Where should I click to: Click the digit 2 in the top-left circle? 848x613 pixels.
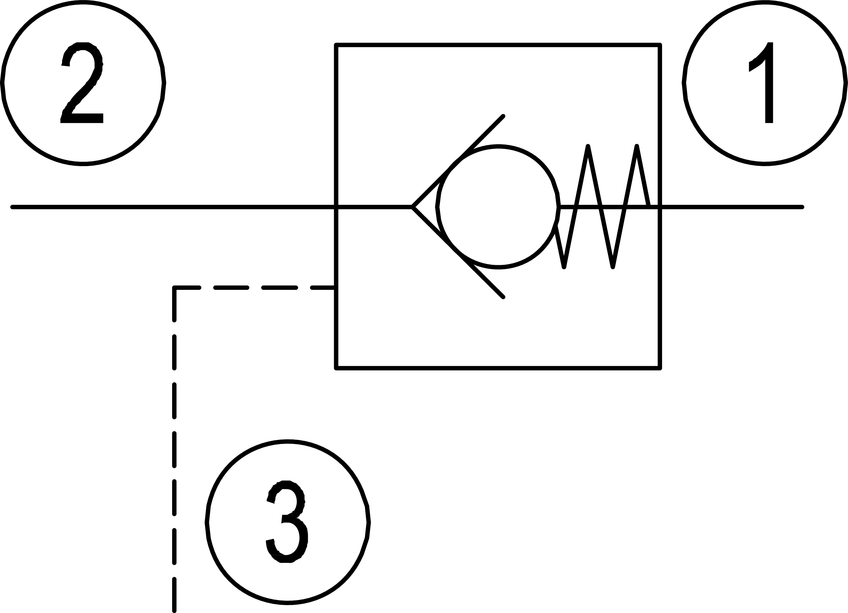[82, 83]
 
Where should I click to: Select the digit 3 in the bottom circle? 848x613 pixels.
[287, 522]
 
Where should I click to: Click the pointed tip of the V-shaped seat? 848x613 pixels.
[412, 207]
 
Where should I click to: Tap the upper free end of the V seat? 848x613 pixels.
[503, 116]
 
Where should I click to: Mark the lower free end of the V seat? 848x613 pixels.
[503, 297]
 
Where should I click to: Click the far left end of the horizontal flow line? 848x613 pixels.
[13, 207]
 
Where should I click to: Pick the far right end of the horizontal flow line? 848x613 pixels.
[802, 207]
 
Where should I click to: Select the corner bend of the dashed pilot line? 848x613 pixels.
[174, 288]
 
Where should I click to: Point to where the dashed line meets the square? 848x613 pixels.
[336, 288]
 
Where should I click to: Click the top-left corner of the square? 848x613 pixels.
[336, 45]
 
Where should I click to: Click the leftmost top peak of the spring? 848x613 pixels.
[588, 146]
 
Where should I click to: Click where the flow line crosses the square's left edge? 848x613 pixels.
[336, 207]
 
